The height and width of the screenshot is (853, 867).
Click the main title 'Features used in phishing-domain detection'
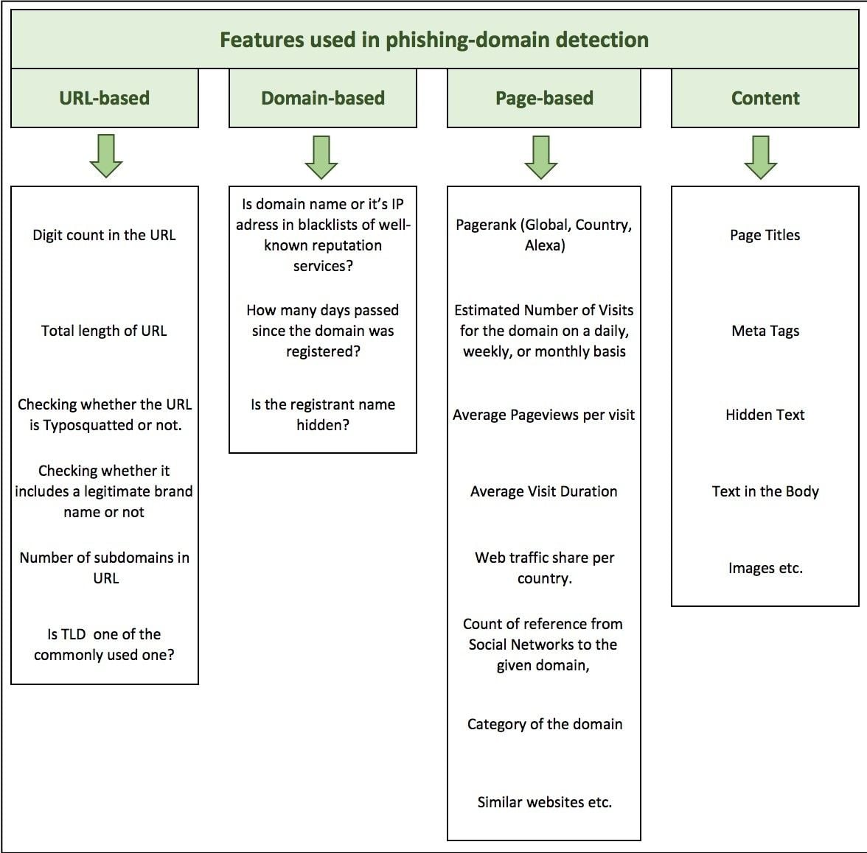point(434,40)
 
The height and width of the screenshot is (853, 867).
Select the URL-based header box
point(105,99)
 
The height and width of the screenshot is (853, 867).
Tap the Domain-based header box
point(323,99)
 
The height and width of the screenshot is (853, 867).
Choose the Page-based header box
point(544,99)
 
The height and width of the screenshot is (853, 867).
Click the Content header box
point(765,99)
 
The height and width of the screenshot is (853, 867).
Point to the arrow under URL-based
point(106,156)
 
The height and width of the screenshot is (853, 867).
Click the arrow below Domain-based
point(321,157)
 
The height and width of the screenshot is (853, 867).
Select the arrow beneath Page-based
point(541,157)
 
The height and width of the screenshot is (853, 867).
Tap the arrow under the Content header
point(761,157)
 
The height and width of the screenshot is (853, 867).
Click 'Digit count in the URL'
point(104,235)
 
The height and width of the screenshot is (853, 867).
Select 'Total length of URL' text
point(104,331)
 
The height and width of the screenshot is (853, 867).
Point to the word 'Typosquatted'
point(88,425)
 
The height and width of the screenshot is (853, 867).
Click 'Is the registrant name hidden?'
point(323,415)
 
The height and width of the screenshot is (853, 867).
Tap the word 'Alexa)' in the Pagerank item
point(545,245)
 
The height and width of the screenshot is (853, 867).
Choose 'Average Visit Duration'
point(544,491)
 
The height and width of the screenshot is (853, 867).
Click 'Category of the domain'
point(545,724)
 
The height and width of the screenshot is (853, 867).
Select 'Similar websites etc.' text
point(545,802)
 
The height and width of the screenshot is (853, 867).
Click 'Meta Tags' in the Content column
point(765,331)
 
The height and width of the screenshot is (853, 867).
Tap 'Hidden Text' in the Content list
point(765,415)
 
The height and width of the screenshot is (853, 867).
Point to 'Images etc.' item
point(765,568)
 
